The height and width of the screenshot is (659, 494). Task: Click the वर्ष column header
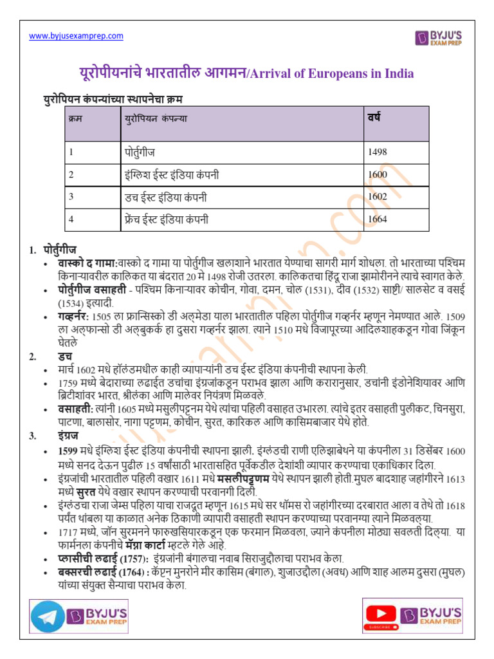(374, 117)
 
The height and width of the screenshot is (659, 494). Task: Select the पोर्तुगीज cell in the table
(140, 153)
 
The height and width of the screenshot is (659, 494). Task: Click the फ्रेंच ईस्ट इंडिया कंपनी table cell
(167, 219)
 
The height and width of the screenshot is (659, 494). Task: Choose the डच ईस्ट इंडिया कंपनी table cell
(165, 196)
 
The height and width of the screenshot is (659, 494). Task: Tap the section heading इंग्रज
(66, 436)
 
